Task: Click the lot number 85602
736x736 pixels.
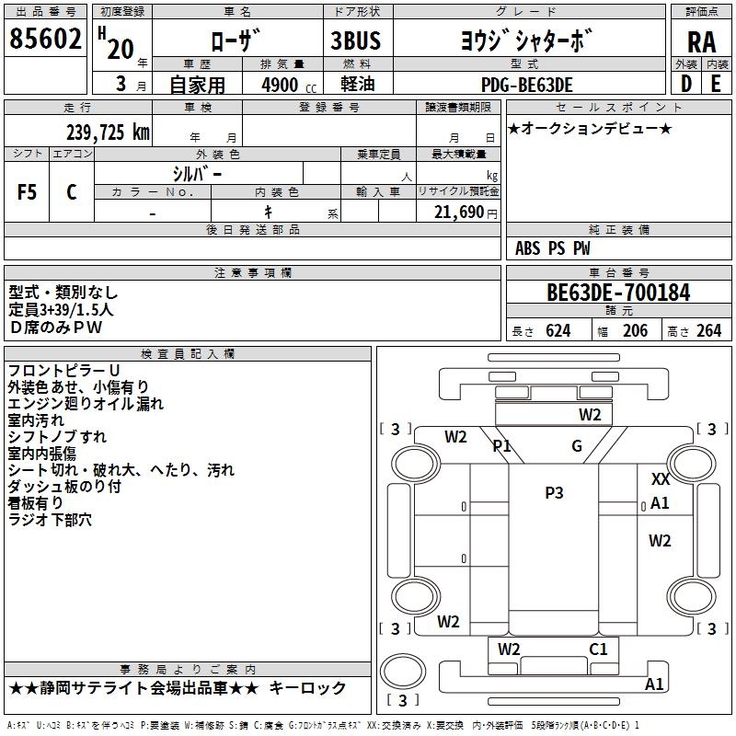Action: (45, 39)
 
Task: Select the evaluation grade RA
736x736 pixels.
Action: (701, 42)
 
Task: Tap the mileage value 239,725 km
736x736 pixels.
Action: (108, 132)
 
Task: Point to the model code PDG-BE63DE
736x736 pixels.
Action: (527, 85)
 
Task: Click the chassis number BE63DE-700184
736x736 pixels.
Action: (618, 293)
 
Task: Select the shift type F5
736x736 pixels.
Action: (27, 192)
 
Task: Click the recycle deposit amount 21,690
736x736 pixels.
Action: (458, 213)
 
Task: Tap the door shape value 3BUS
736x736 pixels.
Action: (356, 40)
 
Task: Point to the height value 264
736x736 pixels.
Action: (708, 331)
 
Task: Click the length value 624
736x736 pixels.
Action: (558, 331)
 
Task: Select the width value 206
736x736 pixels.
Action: (635, 331)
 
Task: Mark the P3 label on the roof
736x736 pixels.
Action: (554, 493)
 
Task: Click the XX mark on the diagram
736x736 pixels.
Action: (661, 479)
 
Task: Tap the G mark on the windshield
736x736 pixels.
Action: (577, 445)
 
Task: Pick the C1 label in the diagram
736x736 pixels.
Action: (598, 650)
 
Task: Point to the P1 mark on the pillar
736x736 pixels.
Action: (501, 445)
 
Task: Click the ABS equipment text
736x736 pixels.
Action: (527, 248)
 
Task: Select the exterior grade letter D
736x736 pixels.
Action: (686, 84)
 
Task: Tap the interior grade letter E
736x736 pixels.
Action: (716, 84)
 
